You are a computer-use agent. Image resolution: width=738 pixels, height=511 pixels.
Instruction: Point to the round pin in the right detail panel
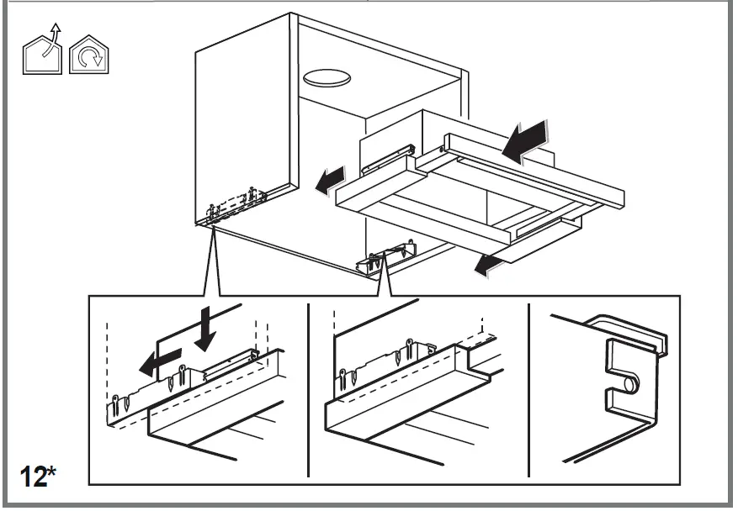pos(627,383)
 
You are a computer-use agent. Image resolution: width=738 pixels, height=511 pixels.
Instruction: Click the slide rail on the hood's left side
pos(386,161)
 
